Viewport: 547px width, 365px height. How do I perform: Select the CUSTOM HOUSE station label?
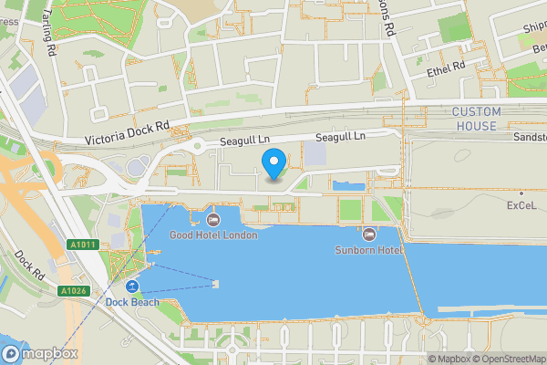point(476,119)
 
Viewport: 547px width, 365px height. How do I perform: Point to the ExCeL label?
point(524,206)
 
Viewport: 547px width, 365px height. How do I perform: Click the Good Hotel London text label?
point(213,235)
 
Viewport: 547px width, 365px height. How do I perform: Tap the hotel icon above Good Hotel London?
point(213,219)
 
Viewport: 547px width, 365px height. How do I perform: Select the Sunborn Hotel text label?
point(368,249)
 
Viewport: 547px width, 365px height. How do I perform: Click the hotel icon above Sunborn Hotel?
point(368,234)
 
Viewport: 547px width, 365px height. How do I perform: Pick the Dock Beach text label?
point(132,302)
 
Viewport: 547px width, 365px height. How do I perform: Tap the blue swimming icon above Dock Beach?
point(132,287)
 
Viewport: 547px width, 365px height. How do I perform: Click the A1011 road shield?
point(81,245)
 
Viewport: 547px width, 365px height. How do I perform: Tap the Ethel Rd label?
point(446,67)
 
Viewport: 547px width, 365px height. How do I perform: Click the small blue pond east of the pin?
point(348,186)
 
